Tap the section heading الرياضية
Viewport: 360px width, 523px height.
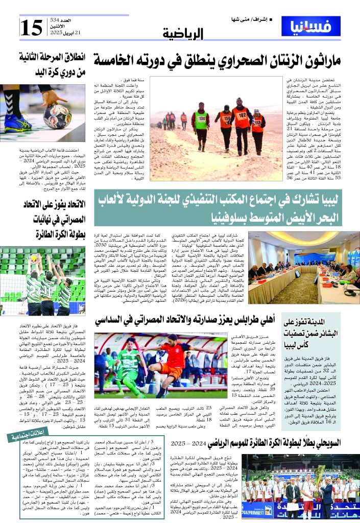184,34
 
